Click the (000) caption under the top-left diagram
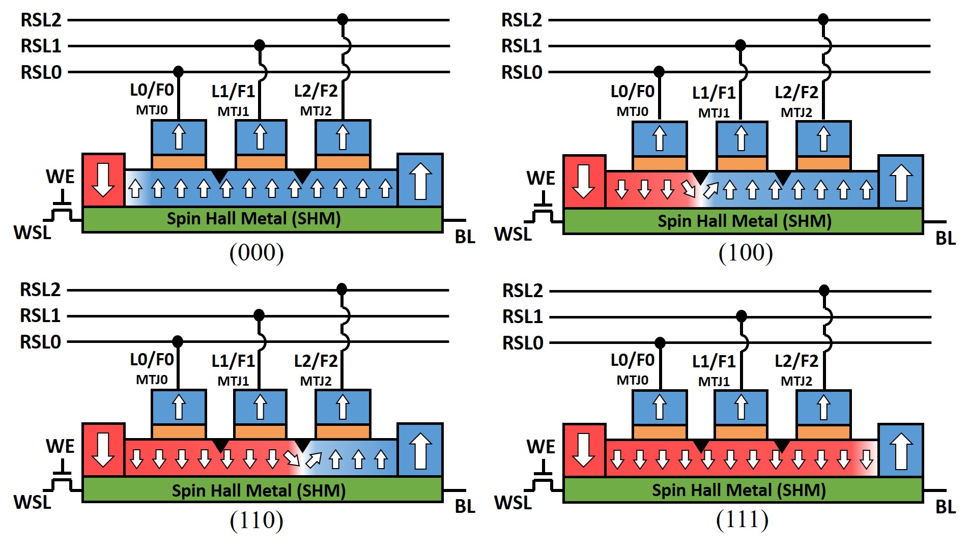pos(256,253)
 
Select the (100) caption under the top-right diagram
pos(746,253)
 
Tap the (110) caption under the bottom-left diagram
pos(256,520)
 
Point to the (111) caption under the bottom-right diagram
pos(742,519)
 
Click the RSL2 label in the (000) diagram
pos(41,20)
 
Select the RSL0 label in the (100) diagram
pos(522,73)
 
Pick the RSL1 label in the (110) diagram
pos(40,316)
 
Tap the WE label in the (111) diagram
pos(540,447)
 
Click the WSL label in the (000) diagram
pos(32,233)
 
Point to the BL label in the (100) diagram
pos(946,238)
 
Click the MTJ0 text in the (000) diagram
pos(152,110)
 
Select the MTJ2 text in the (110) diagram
pos(316,381)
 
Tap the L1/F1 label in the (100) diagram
pos(714,93)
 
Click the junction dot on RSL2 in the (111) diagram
pos(824,291)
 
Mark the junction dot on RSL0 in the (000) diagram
pos(178,71)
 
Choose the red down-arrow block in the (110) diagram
pos(103,450)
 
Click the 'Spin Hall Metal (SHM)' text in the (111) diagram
pos(738,490)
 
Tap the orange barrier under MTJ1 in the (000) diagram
pos(261,162)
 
